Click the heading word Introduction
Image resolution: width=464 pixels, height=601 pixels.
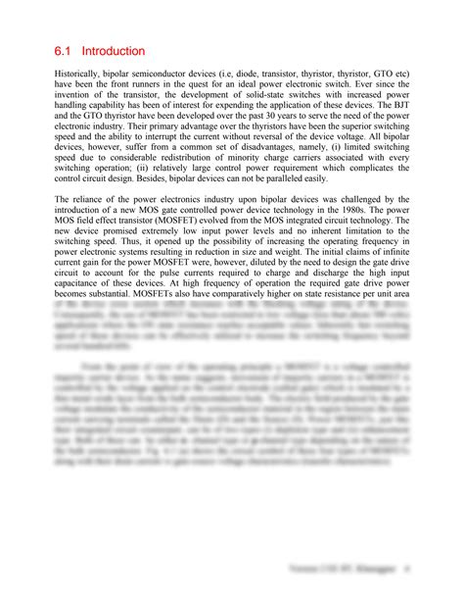click(x=114, y=50)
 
